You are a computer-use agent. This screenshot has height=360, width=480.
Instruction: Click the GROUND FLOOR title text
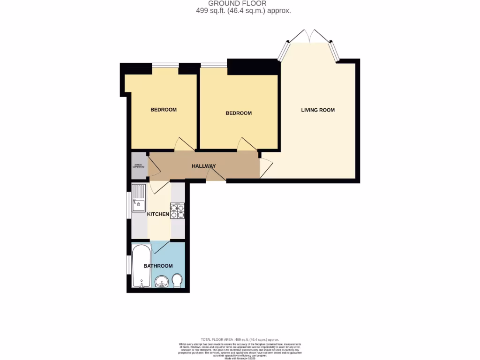[237, 3]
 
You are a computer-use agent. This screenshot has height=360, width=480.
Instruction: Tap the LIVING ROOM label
[318, 110]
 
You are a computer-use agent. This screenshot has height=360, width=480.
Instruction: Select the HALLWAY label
[203, 166]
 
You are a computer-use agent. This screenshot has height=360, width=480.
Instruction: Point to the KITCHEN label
[158, 214]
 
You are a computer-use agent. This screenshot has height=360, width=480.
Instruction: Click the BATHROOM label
[158, 266]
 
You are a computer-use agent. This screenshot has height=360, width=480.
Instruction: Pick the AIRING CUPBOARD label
[138, 166]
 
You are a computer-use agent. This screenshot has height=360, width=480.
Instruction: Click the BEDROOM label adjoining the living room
[239, 113]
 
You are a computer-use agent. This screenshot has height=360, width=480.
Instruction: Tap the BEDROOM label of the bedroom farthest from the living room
[163, 110]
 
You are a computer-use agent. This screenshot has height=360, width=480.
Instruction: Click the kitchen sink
[139, 197]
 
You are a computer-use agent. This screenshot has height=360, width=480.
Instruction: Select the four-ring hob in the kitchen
[178, 211]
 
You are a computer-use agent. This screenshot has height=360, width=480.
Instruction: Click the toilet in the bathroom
[178, 281]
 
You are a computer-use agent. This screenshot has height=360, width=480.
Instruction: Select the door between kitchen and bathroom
[160, 246]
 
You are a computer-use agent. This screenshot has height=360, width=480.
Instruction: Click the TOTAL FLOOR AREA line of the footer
[240, 339]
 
